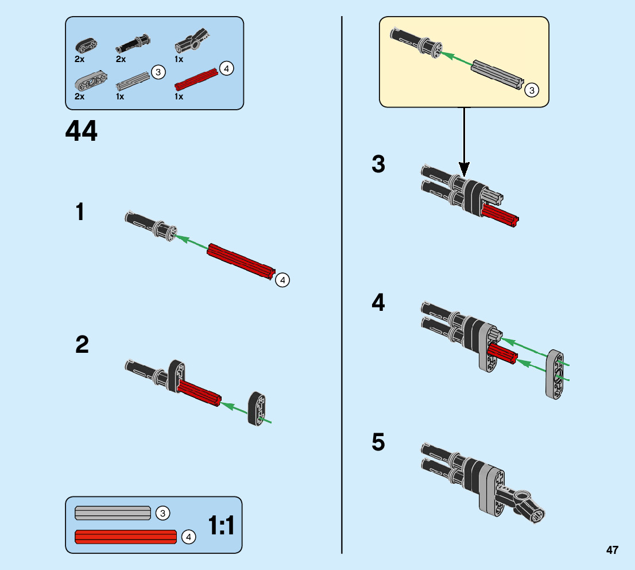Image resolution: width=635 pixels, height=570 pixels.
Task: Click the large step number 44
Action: tap(82, 132)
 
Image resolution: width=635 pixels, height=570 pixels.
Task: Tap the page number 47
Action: tap(611, 550)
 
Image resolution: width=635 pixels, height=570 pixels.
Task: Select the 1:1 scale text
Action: tap(221, 526)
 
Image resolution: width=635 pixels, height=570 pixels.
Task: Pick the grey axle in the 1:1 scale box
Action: tap(113, 513)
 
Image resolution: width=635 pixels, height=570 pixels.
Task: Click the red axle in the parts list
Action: tap(196, 80)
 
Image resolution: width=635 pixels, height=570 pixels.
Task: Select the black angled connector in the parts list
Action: tap(192, 41)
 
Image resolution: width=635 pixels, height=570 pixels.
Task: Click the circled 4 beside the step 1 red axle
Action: tap(282, 280)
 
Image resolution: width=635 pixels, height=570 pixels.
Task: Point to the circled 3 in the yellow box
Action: tap(532, 90)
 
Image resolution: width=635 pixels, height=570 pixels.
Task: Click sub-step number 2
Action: tap(82, 345)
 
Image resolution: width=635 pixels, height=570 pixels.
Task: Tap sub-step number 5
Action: tap(378, 443)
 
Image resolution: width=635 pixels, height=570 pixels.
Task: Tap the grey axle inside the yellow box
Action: tap(497, 75)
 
